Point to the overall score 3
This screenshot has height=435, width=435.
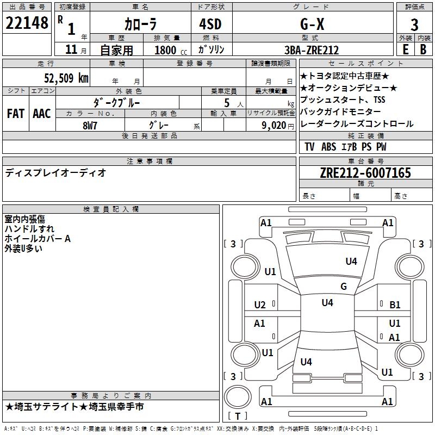point(414,24)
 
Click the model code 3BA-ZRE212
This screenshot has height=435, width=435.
point(311,50)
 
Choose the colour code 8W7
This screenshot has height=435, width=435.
point(90,125)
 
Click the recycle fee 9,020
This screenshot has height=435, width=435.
point(271,125)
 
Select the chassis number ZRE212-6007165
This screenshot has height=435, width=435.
point(365,173)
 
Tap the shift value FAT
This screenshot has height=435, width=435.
point(15,114)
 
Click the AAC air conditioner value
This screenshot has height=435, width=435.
point(42,114)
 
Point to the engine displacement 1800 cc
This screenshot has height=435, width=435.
point(169,50)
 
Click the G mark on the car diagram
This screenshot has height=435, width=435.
point(343,287)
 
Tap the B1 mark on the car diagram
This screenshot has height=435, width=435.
point(395,305)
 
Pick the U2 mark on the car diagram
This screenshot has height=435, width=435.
point(260,304)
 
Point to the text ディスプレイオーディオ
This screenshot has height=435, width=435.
point(55,173)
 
